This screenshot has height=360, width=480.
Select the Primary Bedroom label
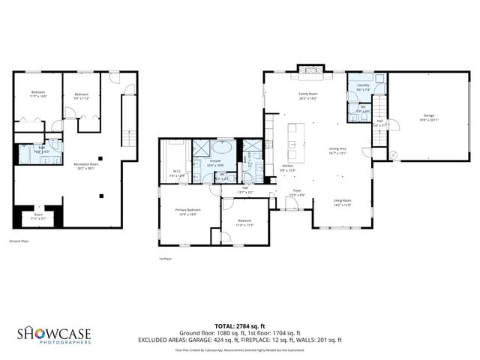click(x=187, y=211)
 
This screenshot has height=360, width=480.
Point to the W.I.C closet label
click(x=178, y=172)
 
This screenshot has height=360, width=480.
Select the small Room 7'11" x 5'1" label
click(x=37, y=217)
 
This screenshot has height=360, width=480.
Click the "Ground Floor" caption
click(x=19, y=241)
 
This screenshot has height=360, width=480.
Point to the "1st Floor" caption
click(x=165, y=259)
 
